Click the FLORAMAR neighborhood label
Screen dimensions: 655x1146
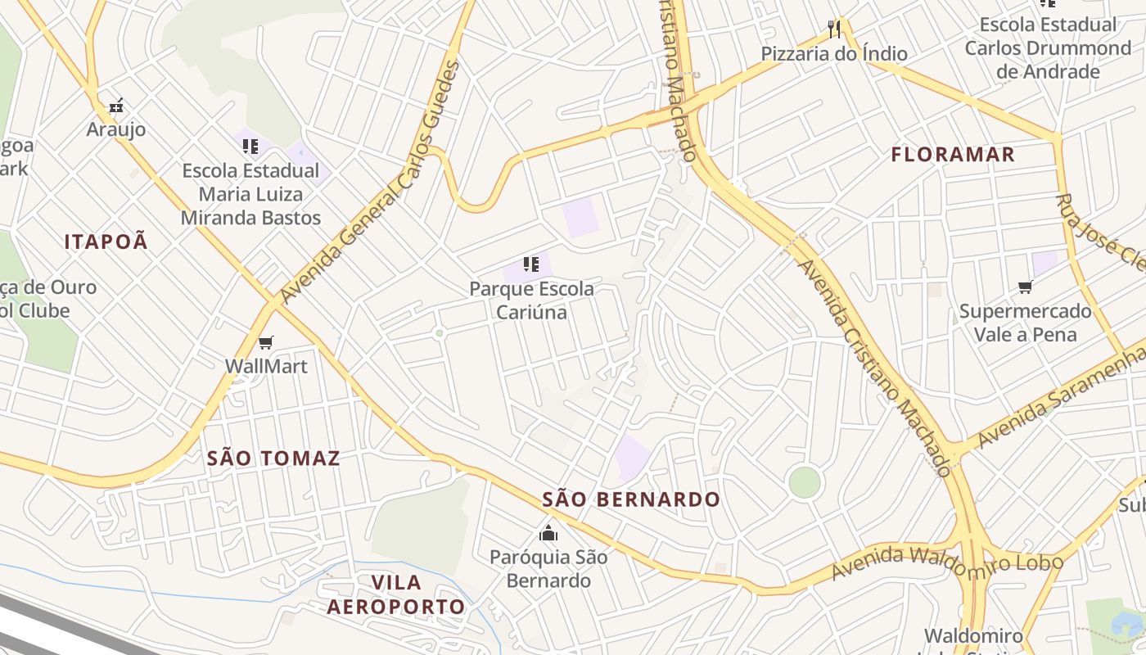[953, 154]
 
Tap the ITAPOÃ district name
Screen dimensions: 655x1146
[106, 241]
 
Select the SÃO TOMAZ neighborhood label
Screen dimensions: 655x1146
[273, 458]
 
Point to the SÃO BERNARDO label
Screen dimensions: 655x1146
[631, 499]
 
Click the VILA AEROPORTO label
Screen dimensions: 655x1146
[396, 594]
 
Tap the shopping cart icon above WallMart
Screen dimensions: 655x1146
[265, 342]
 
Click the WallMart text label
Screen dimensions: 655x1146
[266, 366]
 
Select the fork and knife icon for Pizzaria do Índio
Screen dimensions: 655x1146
[834, 30]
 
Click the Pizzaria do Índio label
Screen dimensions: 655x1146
[834, 54]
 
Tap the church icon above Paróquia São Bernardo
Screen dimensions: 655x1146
[548, 534]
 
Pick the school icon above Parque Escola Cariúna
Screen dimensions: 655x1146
[531, 264]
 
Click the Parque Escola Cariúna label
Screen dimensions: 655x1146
[531, 300]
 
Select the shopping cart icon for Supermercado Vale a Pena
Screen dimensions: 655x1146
[1025, 287]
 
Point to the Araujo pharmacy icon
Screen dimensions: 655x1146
[116, 106]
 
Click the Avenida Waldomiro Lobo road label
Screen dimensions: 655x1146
[947, 562]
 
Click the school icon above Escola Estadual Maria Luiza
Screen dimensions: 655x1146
[250, 147]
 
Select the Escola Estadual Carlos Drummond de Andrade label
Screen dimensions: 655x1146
[1047, 48]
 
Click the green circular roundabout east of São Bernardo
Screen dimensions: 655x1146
[805, 482]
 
